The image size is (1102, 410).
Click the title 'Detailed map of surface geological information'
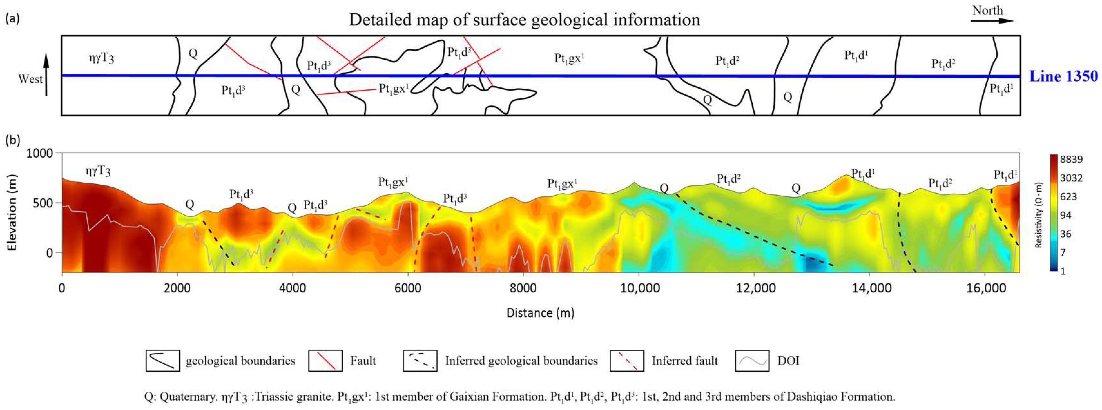[525, 20]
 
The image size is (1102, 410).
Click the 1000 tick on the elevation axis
[40, 153]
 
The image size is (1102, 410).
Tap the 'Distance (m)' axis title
[540, 313]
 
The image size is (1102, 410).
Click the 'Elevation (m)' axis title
[12, 213]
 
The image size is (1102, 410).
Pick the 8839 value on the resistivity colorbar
[1071, 160]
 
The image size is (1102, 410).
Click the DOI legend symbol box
[752, 361]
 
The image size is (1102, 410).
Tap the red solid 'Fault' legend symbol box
[325, 361]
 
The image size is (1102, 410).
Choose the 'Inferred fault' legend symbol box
[627, 361]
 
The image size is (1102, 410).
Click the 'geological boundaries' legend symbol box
[163, 361]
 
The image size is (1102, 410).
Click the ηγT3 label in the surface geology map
[101, 57]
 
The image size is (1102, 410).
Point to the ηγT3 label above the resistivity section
[98, 171]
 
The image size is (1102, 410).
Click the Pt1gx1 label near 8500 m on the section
[562, 184]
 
